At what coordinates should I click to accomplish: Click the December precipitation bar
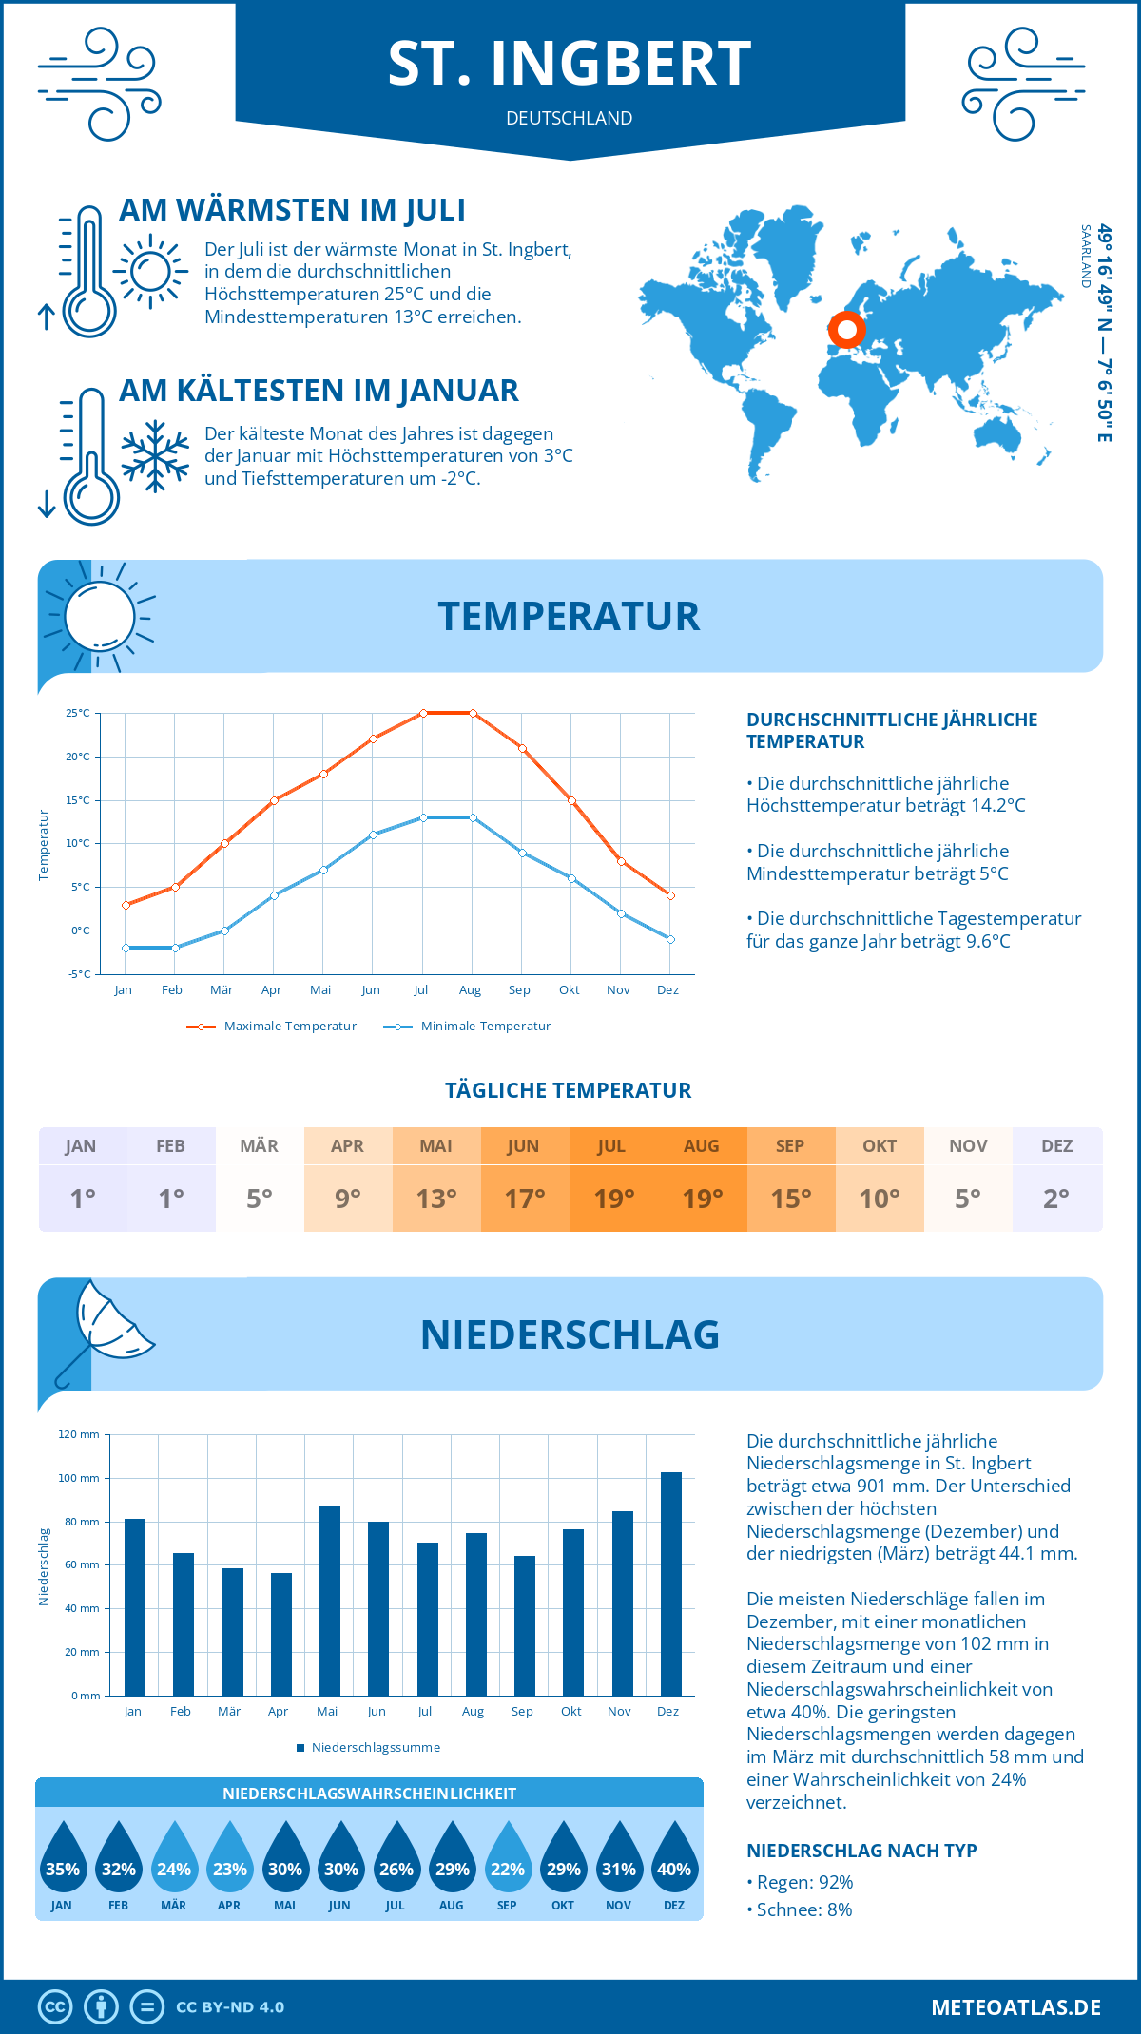click(671, 1583)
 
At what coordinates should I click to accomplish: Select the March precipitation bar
click(233, 1631)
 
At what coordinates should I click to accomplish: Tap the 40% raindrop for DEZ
click(674, 1862)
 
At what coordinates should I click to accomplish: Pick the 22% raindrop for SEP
click(507, 1862)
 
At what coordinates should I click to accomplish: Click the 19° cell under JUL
click(613, 1199)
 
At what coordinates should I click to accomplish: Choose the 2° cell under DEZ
click(1056, 1199)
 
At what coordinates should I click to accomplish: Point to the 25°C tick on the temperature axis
click(78, 713)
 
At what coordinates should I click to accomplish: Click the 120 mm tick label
click(79, 1434)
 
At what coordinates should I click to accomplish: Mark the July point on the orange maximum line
click(423, 713)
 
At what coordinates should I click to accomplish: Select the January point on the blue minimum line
click(126, 948)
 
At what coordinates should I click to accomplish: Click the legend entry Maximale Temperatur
click(273, 1027)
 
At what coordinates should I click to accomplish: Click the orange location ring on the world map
click(846, 331)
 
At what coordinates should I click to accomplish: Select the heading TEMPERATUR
click(569, 616)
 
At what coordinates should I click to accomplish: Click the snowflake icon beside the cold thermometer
click(155, 456)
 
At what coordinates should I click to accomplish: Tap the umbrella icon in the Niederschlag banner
click(105, 1331)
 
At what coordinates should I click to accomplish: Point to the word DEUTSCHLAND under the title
click(569, 118)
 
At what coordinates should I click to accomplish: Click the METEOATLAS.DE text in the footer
click(1015, 2007)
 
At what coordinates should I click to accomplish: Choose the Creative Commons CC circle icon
click(55, 2007)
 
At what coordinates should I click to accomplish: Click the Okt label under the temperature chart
click(569, 990)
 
